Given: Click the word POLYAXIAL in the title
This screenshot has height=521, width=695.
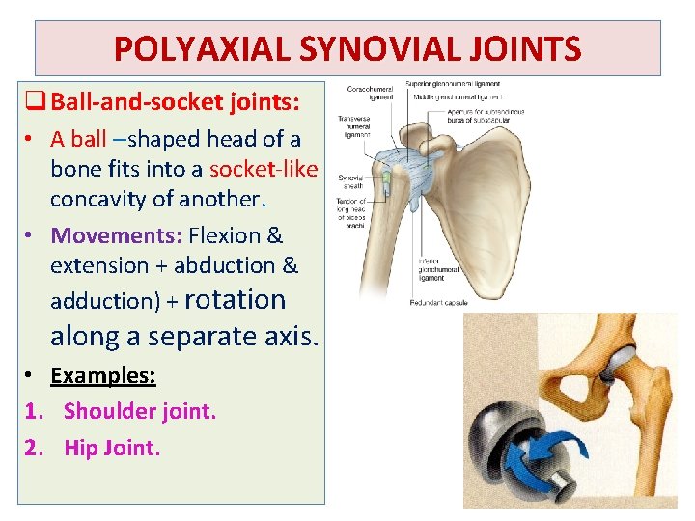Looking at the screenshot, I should pyautogui.click(x=192, y=48).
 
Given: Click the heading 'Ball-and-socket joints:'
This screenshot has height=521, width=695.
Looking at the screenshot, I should pyautogui.click(x=175, y=100).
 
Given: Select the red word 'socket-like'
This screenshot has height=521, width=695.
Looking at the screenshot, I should pyautogui.click(x=263, y=170).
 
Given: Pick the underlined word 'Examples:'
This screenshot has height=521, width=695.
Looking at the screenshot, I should pyautogui.click(x=103, y=375).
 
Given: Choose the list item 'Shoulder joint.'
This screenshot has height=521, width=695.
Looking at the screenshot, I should pyautogui.click(x=140, y=412).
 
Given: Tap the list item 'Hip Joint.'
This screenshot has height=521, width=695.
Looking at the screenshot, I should pyautogui.click(x=112, y=448).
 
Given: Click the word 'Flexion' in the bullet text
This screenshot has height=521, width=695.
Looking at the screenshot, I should pyautogui.click(x=225, y=235).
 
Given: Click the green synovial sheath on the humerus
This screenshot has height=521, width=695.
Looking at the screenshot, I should pyautogui.click(x=386, y=180).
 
